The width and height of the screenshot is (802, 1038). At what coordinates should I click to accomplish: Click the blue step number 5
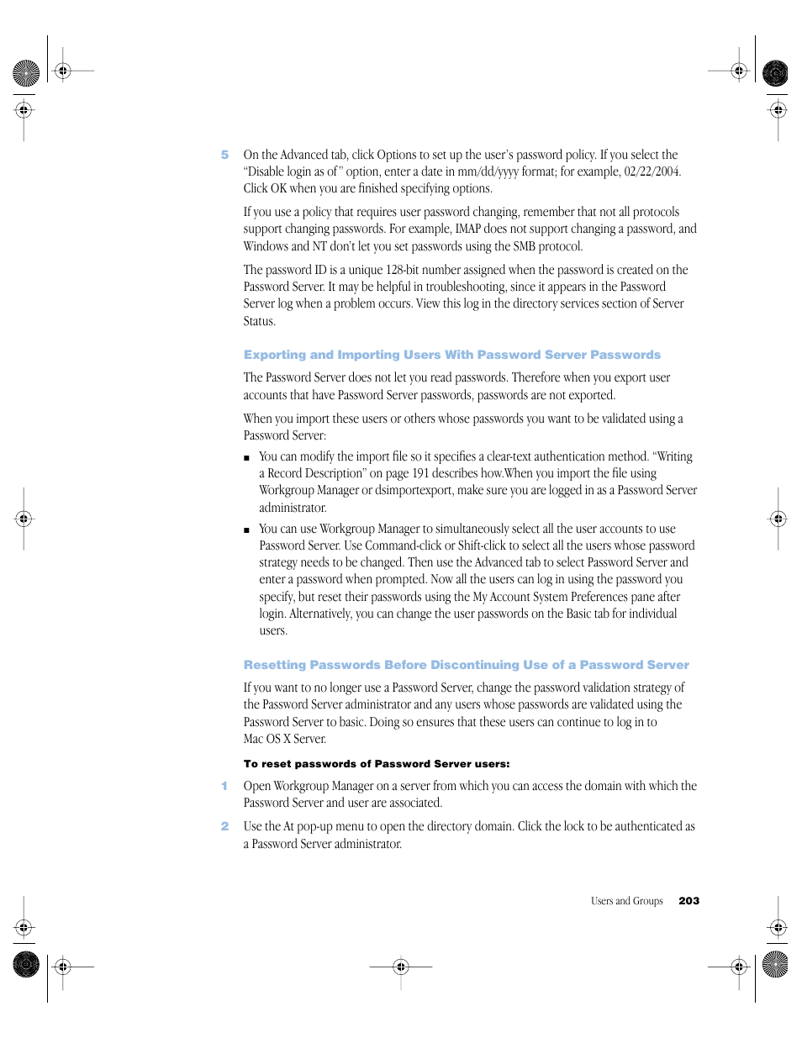coord(224,155)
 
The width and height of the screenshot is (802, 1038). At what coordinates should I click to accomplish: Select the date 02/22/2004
coord(652,171)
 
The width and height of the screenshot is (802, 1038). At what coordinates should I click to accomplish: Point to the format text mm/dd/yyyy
coord(488,171)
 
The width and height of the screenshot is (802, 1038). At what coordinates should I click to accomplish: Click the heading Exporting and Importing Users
coord(451,355)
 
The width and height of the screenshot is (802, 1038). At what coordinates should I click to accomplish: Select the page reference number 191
coord(420,473)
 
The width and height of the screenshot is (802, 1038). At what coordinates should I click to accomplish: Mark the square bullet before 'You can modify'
coord(246,458)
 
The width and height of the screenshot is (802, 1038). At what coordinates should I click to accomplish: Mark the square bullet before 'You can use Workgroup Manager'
coord(246,530)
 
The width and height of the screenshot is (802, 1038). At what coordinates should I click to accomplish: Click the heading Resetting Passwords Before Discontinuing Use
coord(466,665)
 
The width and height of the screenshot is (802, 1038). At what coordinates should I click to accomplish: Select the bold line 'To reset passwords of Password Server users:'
coord(377,764)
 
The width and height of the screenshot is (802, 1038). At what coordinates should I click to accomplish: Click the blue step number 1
coord(224,786)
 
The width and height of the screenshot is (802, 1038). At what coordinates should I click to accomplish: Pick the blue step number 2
coord(224,826)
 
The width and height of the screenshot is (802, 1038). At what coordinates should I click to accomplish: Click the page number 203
coord(689,901)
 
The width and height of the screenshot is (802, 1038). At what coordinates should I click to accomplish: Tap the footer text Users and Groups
coord(626,901)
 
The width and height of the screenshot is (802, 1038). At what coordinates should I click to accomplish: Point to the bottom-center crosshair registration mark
coord(401,967)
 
